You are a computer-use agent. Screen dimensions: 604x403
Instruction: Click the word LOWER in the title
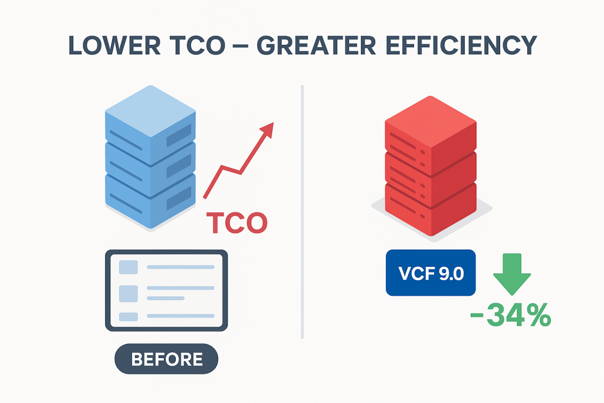(x=114, y=45)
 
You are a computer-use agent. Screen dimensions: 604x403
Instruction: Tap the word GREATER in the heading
(x=316, y=45)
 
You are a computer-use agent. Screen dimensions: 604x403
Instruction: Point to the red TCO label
(x=237, y=223)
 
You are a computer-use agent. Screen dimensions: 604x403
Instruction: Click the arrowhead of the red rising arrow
(x=267, y=129)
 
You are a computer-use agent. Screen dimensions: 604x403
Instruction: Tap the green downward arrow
(x=512, y=274)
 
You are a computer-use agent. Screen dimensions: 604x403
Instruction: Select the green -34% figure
(x=511, y=315)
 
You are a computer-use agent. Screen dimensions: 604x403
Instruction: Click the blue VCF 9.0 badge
(x=431, y=273)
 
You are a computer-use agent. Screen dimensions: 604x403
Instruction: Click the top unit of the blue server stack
(x=150, y=123)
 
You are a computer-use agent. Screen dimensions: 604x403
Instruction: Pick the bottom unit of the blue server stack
(x=150, y=201)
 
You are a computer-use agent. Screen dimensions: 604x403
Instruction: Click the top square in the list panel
(x=128, y=267)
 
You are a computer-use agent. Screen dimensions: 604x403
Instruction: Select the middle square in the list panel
(x=128, y=294)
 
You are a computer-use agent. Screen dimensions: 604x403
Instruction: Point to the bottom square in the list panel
(x=128, y=317)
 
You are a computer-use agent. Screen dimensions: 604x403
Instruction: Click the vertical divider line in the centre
(x=303, y=212)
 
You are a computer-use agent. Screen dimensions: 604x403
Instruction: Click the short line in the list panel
(x=166, y=298)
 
